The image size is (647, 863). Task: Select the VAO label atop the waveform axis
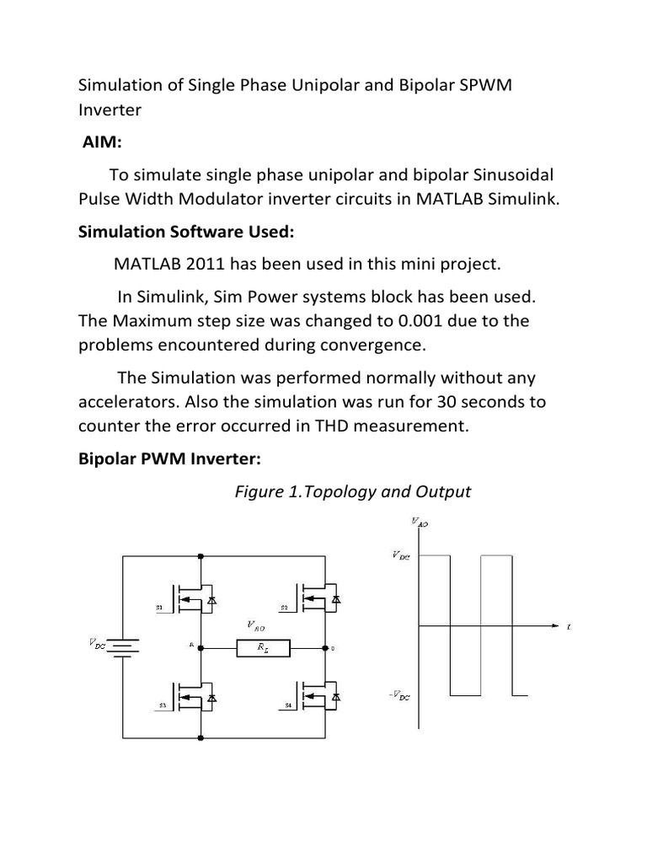point(420,523)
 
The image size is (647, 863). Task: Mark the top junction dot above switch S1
point(201,556)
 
